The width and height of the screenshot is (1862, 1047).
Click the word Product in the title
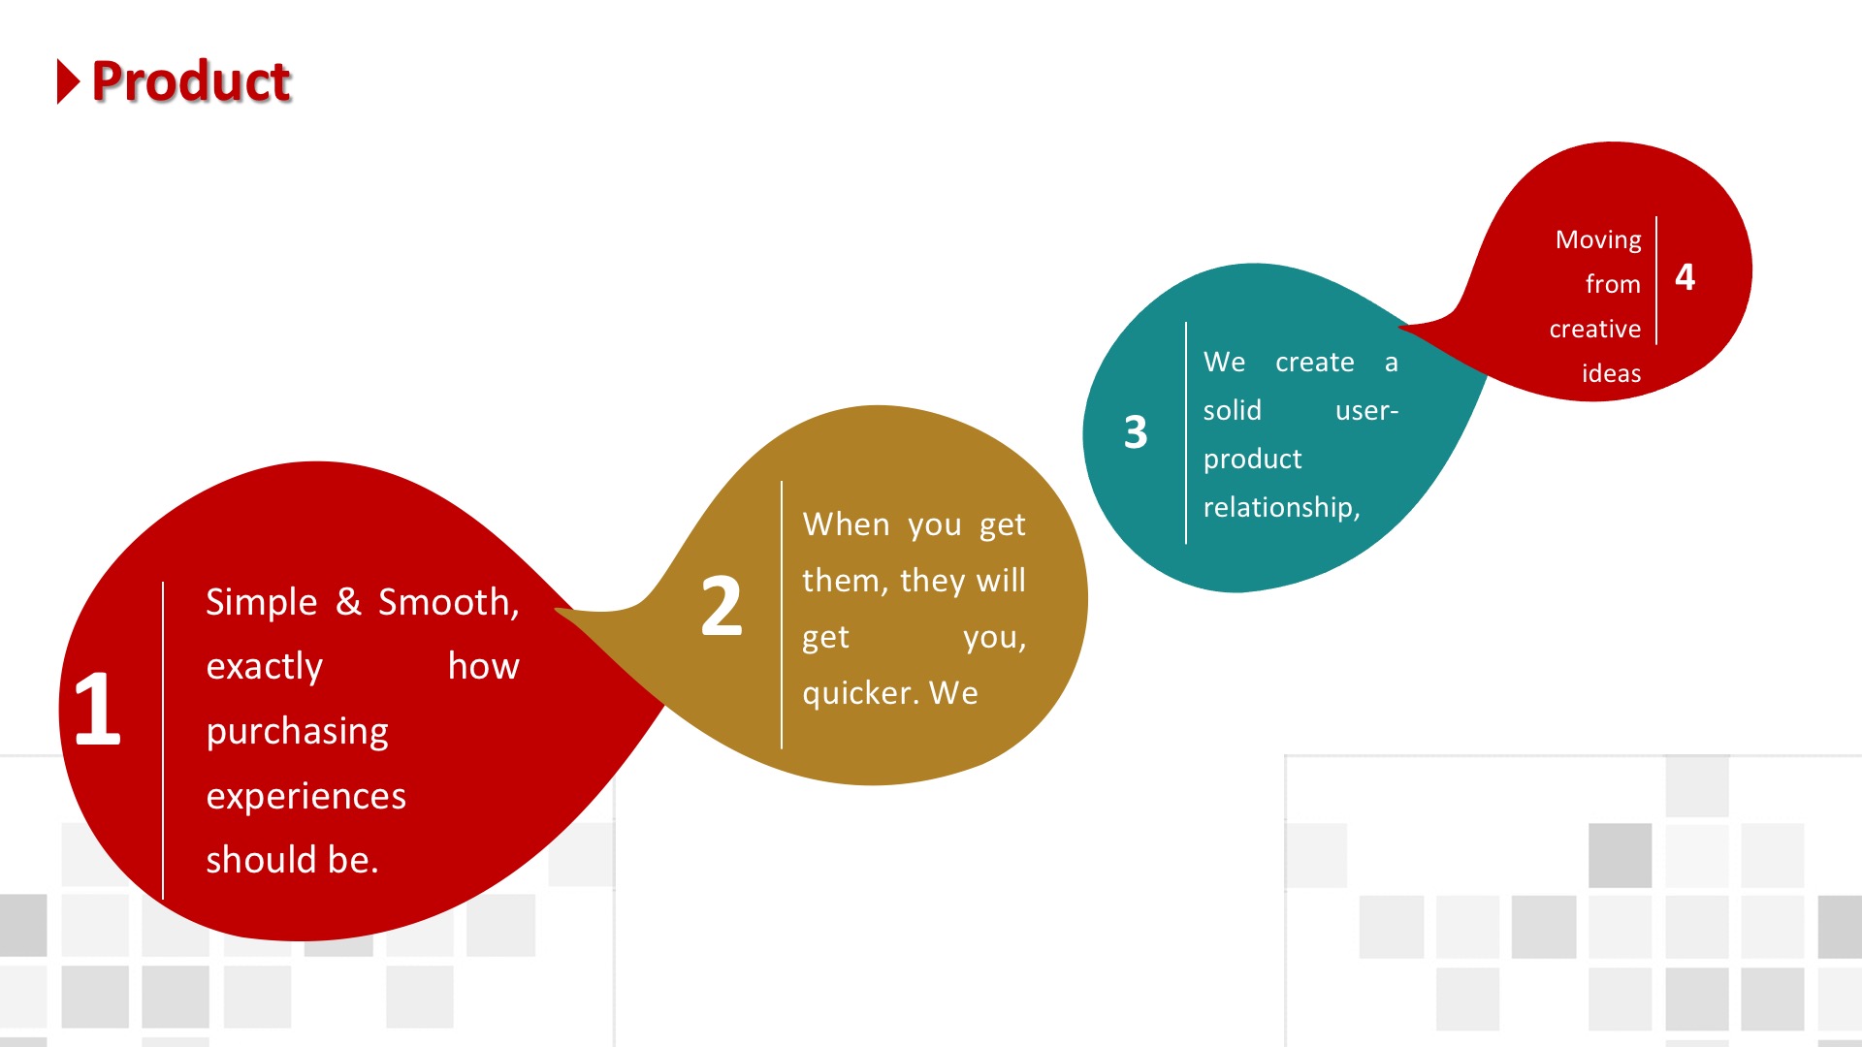[x=191, y=80]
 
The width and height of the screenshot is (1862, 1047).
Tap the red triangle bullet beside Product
[x=68, y=81]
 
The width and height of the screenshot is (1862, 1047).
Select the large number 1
[x=97, y=709]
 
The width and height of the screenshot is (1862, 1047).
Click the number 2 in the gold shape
[x=722, y=606]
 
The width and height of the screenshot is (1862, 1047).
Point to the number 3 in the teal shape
[x=1136, y=432]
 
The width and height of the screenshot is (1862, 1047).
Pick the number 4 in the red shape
[x=1685, y=277]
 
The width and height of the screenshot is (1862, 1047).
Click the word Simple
[x=262, y=603]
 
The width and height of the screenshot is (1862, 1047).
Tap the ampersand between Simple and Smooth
[x=348, y=602]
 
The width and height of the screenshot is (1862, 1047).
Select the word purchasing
[x=298, y=732]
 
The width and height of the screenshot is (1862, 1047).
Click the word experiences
[x=306, y=796]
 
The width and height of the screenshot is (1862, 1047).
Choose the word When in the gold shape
[x=847, y=524]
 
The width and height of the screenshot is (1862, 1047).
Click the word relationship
[x=1281, y=507]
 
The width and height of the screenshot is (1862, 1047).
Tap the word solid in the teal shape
[x=1233, y=410]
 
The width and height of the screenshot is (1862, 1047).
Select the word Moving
[x=1598, y=240]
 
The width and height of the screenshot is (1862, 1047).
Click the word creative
[x=1595, y=329]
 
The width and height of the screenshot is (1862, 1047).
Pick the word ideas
[x=1612, y=373]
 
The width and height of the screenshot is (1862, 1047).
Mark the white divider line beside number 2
[x=782, y=615]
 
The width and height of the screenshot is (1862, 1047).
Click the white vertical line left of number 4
[x=1656, y=280]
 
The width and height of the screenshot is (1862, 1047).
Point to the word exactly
[x=265, y=667]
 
